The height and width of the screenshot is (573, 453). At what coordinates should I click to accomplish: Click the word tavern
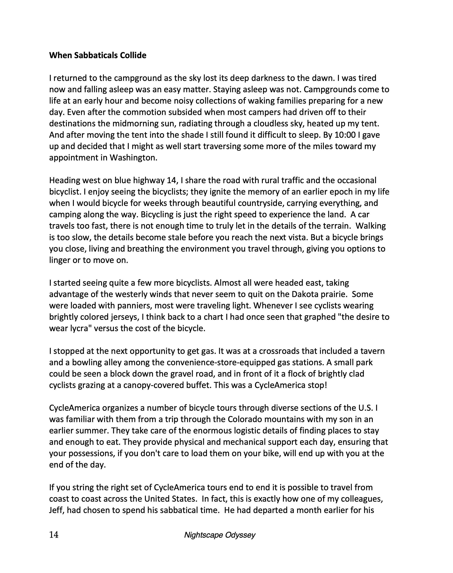pyautogui.click(x=373, y=351)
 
